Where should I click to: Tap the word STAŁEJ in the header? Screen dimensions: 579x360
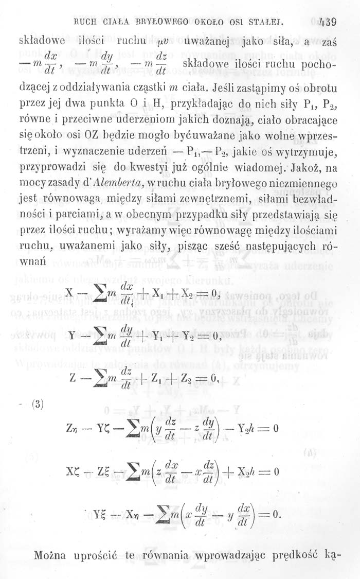(266, 23)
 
